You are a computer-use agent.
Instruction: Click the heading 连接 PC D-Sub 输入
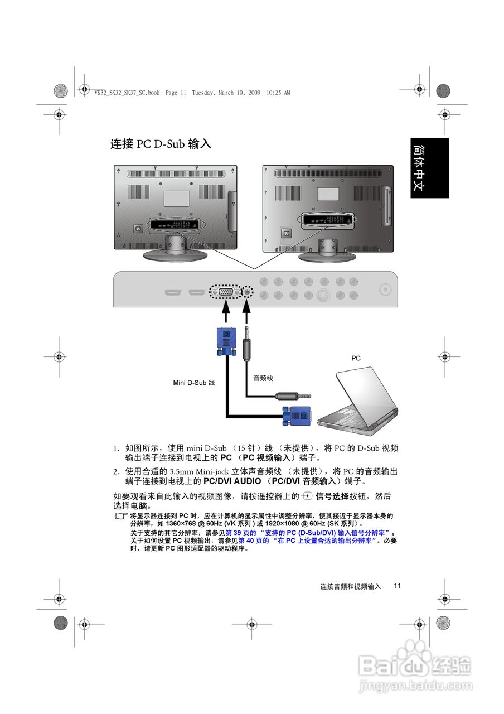point(161,144)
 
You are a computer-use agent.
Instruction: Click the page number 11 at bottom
point(397,586)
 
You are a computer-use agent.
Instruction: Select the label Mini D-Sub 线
point(193,383)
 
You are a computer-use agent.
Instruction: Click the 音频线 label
point(263,378)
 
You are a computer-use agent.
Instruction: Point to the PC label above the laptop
point(356,359)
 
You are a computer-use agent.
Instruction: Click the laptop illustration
point(360,402)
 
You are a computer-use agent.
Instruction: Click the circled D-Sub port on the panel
point(225,292)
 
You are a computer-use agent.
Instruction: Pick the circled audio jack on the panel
point(248,292)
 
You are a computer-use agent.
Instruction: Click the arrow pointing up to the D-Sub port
point(225,310)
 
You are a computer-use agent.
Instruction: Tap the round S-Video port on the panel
point(323,295)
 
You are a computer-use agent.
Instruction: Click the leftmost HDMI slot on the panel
point(173,292)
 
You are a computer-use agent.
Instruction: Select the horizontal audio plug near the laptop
point(292,396)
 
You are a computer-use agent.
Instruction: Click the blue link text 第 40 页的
point(254,541)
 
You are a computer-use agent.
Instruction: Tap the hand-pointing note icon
point(121,517)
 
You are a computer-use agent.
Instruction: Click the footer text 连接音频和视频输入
point(350,587)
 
